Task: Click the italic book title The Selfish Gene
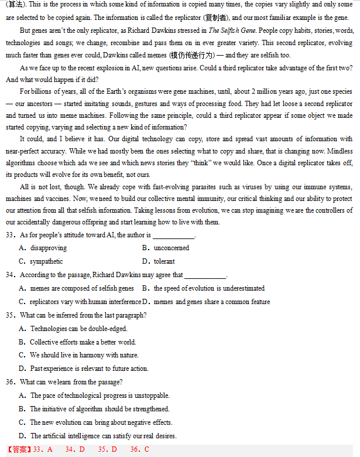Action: [231, 30]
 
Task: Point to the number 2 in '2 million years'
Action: [253, 91]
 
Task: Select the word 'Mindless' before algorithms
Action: [341, 152]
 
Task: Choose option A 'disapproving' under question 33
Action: [48, 248]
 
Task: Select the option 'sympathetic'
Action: [46, 261]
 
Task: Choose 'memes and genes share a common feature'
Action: [211, 302]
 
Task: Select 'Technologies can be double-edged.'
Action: [78, 329]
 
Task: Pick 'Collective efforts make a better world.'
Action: [83, 342]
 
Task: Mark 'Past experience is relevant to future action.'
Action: [89, 369]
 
